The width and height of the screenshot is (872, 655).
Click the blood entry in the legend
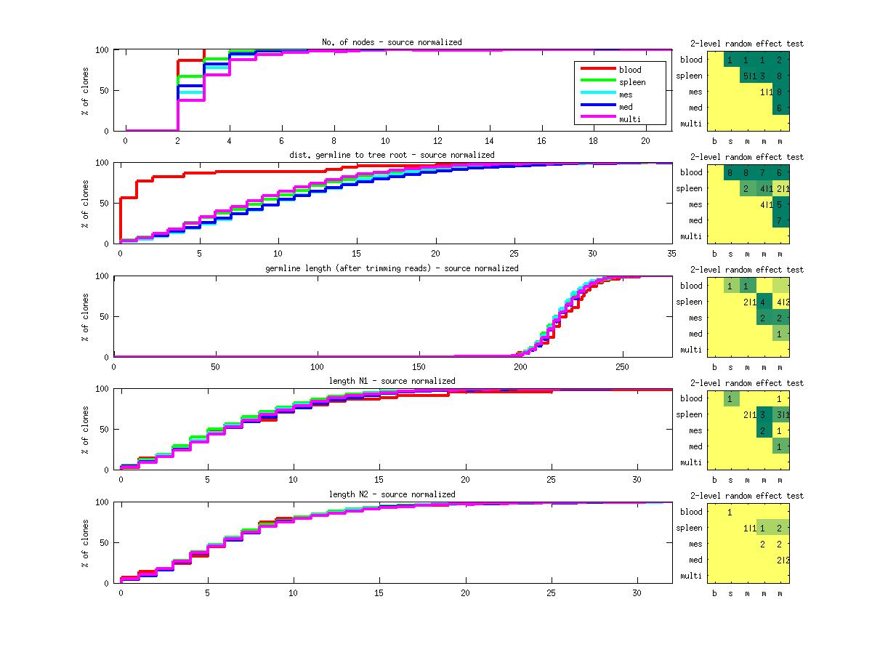coord(630,70)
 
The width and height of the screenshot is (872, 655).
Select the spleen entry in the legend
coord(632,82)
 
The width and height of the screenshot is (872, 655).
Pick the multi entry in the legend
coord(629,119)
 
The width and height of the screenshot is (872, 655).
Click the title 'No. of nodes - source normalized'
coord(392,42)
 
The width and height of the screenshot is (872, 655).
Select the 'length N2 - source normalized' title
coord(392,494)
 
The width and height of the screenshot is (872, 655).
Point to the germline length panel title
coord(392,268)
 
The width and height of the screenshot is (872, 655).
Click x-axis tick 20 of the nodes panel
coord(645,140)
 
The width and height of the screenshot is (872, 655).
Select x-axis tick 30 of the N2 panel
coord(637,592)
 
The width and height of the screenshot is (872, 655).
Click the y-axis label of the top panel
coord(85,90)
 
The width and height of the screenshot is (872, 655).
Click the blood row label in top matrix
coord(691,60)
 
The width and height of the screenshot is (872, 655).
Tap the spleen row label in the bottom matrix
coord(689,528)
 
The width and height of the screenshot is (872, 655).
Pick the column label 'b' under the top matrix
coord(715,140)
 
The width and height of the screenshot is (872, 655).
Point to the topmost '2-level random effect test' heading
coord(746,44)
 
